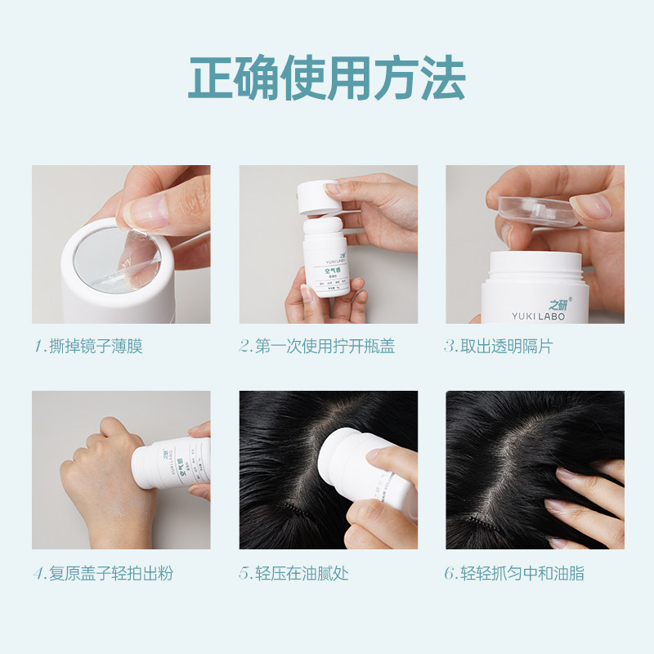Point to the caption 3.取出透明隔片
coord(498,346)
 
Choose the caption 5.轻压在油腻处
coord(293,572)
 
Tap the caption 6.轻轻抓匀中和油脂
coord(514,572)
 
